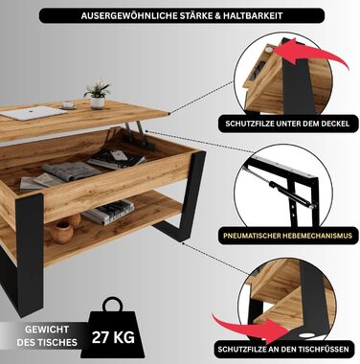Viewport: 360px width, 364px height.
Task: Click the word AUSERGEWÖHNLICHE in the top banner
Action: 128,16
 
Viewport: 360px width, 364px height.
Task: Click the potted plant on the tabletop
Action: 98,93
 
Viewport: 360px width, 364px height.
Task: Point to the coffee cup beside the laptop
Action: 68,104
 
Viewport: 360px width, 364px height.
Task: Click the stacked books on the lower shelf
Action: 109,212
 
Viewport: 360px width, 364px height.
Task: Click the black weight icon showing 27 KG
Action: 113,330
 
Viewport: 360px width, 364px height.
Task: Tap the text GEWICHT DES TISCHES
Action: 47,336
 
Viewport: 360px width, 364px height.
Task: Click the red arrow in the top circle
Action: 310,56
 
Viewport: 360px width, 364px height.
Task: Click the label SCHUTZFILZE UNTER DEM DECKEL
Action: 287,124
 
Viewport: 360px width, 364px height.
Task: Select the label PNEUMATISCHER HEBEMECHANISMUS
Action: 287,236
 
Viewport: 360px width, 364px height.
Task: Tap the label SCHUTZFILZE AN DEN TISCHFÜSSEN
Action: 283,349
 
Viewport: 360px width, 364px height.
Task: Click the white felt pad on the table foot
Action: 306,335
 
